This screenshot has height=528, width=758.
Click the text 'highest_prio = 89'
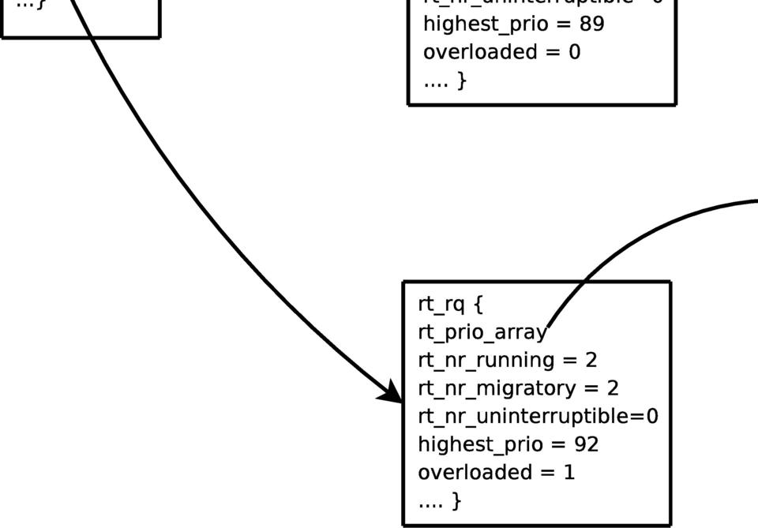513,24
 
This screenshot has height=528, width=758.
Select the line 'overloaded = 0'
501,52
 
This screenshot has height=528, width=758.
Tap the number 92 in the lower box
587,444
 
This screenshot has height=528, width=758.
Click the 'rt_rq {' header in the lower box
449,304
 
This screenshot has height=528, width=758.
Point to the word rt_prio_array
482,332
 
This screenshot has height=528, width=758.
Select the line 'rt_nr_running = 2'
507,360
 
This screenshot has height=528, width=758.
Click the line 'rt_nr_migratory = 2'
518,388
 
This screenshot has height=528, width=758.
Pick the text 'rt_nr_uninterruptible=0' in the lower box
537,416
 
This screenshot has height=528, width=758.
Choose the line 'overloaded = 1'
496,472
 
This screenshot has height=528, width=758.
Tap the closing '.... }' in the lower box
439,500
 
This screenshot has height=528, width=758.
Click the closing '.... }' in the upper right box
445,80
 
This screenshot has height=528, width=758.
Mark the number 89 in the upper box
591,24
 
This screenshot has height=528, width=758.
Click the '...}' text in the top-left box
31,4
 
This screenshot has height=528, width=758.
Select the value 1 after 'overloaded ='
569,472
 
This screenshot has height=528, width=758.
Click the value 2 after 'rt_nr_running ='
591,360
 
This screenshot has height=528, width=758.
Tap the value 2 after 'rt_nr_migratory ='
613,388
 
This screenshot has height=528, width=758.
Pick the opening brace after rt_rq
476,304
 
